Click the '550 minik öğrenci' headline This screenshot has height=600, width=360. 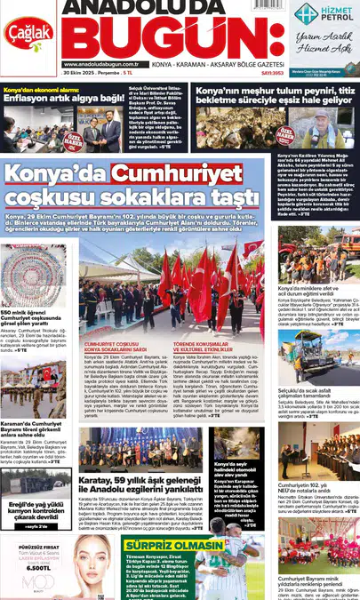click(x=36, y=317)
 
